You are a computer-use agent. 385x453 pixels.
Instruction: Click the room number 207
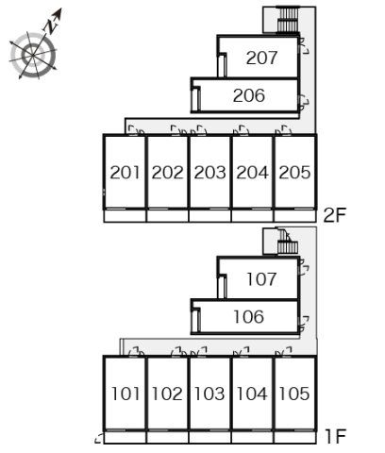261,58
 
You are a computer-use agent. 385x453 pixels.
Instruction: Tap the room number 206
249,95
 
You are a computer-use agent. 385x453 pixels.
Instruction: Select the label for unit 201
125,173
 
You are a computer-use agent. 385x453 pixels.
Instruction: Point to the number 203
209,173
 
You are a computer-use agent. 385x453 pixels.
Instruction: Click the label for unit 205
294,173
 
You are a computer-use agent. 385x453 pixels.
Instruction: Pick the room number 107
261,279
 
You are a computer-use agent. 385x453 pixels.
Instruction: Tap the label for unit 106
249,317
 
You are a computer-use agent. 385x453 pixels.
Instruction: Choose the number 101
126,394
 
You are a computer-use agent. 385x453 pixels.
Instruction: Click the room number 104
252,394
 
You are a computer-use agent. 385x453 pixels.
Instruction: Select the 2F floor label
335,215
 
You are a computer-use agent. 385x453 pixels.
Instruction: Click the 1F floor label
335,436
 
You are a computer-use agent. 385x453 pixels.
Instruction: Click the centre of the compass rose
33,56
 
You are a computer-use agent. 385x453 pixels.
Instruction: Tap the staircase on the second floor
288,20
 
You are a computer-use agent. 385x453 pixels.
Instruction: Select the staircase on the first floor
286,242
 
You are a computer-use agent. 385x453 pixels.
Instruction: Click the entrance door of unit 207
304,46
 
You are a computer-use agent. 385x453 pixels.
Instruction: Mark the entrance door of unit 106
304,324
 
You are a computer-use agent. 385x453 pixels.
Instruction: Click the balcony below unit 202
167,216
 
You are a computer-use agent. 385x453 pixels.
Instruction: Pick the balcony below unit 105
294,437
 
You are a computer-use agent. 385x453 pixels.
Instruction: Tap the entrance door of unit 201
136,131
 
